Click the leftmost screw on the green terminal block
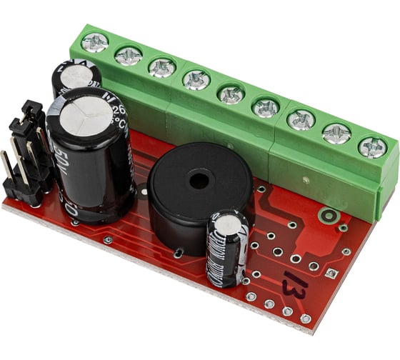pos(94,42)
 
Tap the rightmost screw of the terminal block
pos(372,147)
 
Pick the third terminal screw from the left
pos(162,67)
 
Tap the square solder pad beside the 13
pos(330,273)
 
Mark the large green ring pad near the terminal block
pos(329,214)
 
